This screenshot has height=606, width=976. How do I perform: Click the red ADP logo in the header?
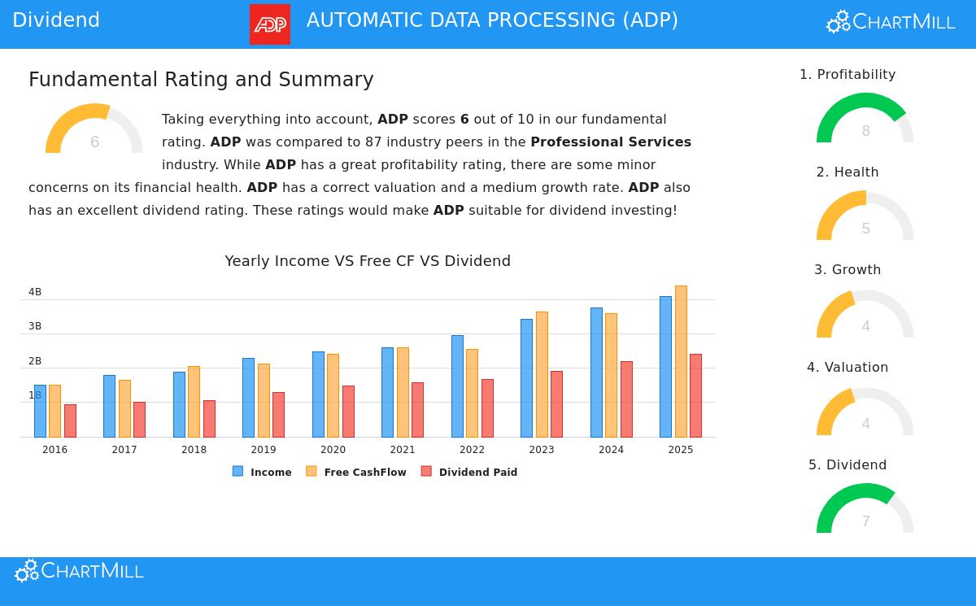pos(270,24)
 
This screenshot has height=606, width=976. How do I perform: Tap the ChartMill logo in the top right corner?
pos(890,23)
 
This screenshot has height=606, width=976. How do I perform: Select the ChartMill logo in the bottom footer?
pos(79,571)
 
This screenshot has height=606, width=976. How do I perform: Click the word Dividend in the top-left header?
pos(56,20)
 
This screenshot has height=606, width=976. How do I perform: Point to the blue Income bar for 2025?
pos(665,366)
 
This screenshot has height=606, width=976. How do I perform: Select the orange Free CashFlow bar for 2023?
pos(542,374)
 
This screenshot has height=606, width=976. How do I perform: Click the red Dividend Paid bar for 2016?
pos(70,421)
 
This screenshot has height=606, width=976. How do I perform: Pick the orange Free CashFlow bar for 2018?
pos(194,401)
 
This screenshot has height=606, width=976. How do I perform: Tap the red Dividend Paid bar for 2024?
pos(626,399)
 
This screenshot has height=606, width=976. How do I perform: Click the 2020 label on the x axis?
pos(333,450)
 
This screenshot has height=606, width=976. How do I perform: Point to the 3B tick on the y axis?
pos(35,326)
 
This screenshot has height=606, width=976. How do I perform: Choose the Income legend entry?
pos(262,472)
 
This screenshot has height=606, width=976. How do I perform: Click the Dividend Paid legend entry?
pos(469,472)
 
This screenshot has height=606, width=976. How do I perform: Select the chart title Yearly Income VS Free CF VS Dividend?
pos(368,261)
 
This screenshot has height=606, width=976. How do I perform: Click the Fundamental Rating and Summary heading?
pos(201,80)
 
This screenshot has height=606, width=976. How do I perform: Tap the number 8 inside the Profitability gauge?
pos(865,131)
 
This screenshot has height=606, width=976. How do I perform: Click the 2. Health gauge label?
pos(847,172)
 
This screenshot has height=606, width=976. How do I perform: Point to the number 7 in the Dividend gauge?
pos(865,521)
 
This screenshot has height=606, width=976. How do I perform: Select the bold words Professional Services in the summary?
pos(611,142)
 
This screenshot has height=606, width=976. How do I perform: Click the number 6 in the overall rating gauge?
pos(94,142)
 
